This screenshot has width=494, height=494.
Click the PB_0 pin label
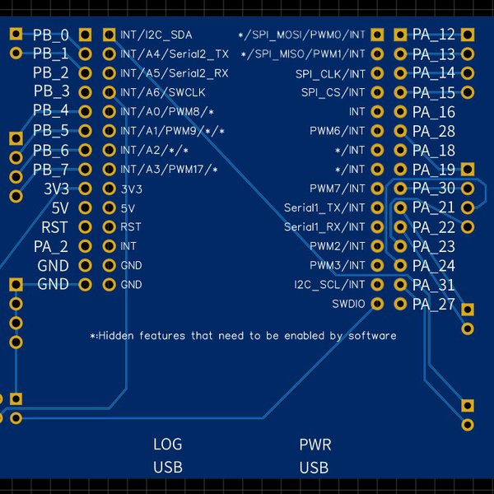point(51,35)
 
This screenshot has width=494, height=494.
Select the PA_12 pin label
point(433,35)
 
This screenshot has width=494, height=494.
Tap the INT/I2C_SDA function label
point(156,35)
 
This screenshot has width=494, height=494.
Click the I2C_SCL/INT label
point(329,285)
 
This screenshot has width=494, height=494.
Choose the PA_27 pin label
point(433,305)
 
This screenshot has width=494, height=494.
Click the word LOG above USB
point(167,445)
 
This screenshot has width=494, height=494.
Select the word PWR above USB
point(315,445)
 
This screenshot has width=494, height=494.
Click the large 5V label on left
point(60,208)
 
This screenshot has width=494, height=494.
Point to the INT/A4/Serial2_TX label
point(175,54)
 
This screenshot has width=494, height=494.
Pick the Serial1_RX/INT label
point(324,227)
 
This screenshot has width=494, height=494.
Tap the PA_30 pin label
point(433,189)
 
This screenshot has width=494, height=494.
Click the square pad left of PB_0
point(16,34)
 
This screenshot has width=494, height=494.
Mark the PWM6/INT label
point(337,131)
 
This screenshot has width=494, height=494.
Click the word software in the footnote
point(372,336)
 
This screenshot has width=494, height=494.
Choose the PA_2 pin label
point(51,246)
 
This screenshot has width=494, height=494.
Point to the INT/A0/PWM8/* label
point(167,111)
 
